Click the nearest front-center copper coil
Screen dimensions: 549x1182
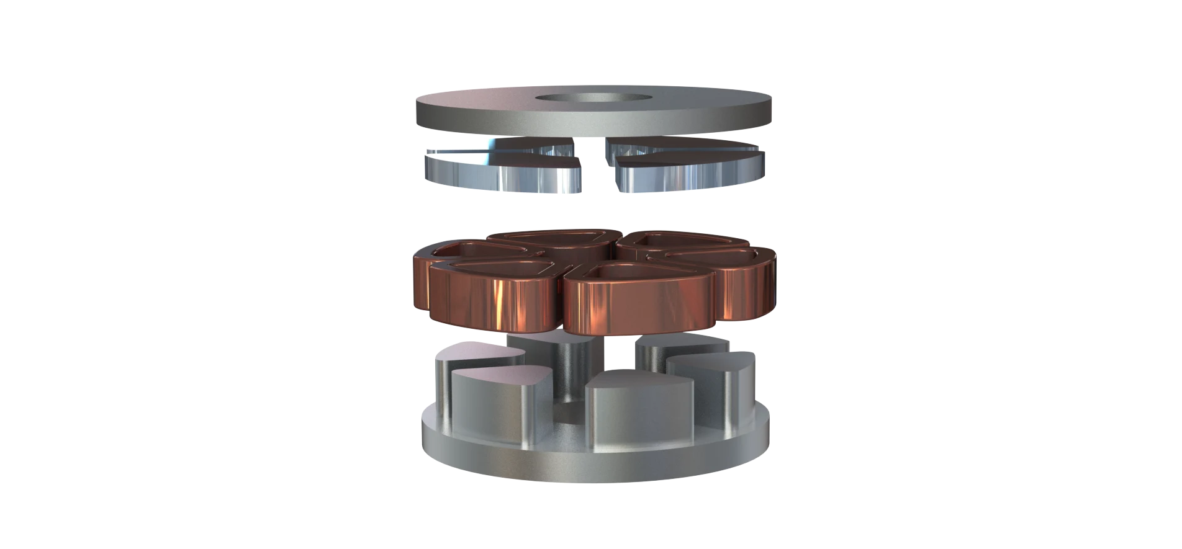633,304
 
